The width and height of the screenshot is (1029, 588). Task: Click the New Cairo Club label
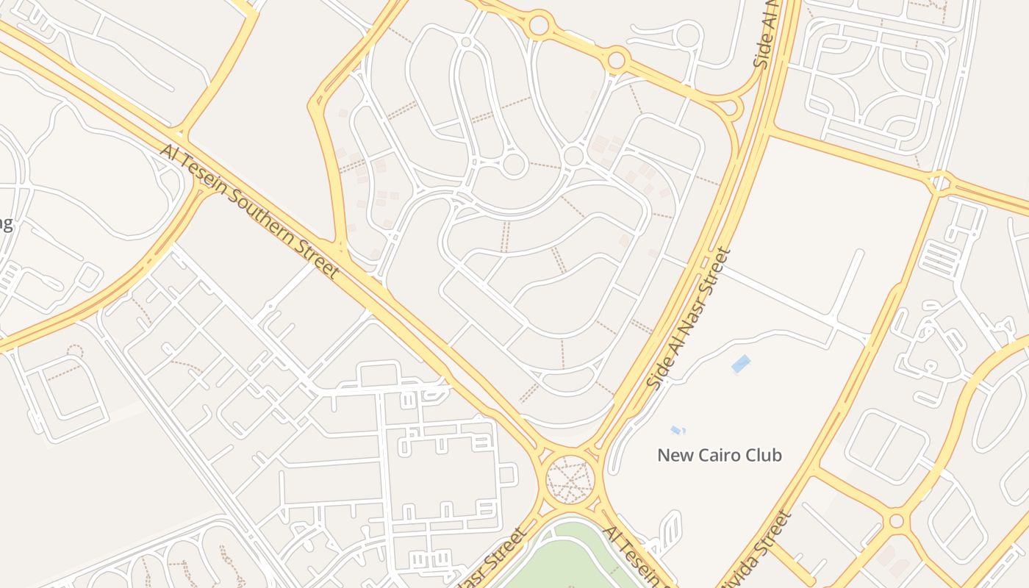tap(720, 455)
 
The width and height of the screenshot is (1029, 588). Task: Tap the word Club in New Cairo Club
tap(764, 455)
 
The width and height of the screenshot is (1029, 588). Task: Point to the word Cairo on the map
tap(718, 455)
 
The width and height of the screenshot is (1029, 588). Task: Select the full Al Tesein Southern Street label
tap(250, 211)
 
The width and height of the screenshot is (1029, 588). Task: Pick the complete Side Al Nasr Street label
tap(689, 318)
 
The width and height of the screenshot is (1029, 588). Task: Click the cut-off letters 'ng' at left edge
tap(5, 223)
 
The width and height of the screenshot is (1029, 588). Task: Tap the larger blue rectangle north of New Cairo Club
tap(741, 363)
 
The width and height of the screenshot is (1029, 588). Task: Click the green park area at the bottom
tap(566, 562)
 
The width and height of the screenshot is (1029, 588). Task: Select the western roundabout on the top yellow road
tap(539, 26)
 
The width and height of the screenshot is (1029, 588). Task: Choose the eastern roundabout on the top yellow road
tap(617, 60)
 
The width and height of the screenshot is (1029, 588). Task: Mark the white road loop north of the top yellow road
tap(689, 35)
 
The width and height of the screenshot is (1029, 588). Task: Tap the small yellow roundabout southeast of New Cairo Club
tap(896, 521)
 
